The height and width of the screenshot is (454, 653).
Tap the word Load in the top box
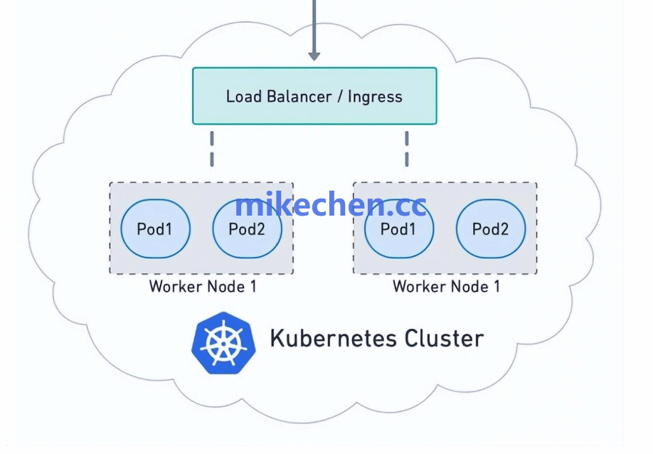click(244, 96)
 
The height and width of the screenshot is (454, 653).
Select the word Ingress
click(375, 96)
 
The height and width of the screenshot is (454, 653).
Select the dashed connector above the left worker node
click(211, 149)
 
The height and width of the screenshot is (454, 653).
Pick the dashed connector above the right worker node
click(407, 149)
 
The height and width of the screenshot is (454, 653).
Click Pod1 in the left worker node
click(155, 229)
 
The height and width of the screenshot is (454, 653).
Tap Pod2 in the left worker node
click(247, 229)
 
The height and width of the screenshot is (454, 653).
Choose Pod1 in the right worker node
click(398, 229)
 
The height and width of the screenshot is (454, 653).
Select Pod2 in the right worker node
click(491, 229)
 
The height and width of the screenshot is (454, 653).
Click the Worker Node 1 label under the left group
click(202, 287)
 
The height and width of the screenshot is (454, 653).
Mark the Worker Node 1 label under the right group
click(446, 287)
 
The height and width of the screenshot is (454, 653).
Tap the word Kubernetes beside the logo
click(334, 338)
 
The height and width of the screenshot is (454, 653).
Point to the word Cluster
click(445, 338)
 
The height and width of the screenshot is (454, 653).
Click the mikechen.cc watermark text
click(330, 205)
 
